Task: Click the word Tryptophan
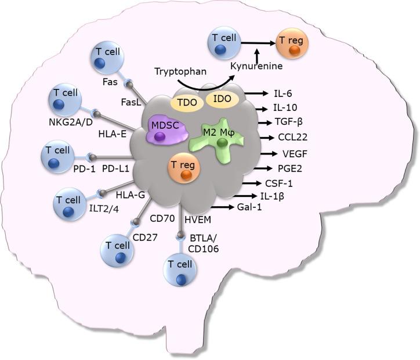pos(178,71)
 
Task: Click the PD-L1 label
pos(116,168)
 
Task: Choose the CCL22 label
pos(292,138)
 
